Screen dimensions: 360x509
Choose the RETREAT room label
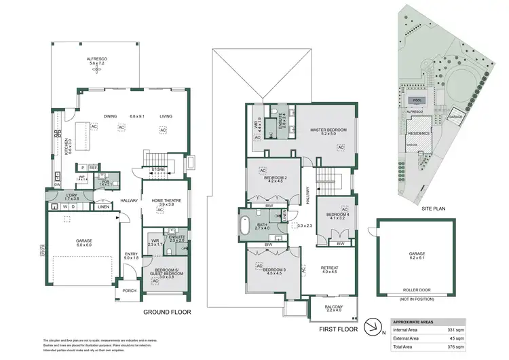[x=328, y=270]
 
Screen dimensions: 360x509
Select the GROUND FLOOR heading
[x=167, y=313]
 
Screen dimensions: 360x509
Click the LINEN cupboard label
[x=103, y=206]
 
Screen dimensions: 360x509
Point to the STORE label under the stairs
[x=159, y=170]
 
